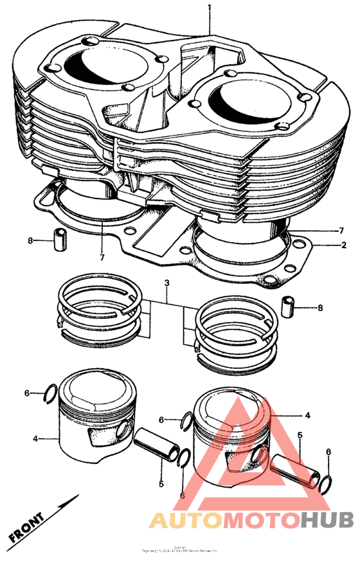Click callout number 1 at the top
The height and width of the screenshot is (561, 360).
(209, 8)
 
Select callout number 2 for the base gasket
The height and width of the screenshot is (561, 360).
(343, 245)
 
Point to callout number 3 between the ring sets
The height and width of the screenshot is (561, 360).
(166, 282)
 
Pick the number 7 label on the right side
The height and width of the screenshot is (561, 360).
(341, 230)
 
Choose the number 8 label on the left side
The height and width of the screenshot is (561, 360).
(30, 240)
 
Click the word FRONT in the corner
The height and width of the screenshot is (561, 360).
(28, 526)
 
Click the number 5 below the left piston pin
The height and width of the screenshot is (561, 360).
(161, 483)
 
